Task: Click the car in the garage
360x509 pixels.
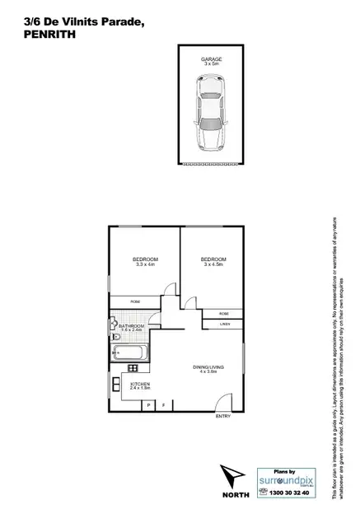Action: click(x=210, y=112)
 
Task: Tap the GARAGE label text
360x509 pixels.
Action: click(x=210, y=59)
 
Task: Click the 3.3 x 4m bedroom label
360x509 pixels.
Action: click(x=145, y=263)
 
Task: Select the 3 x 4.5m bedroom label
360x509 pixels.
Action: click(x=213, y=263)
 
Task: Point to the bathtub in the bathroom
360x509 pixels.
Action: click(x=132, y=354)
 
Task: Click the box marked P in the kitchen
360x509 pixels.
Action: click(x=149, y=405)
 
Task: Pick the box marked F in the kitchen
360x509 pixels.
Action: click(x=163, y=405)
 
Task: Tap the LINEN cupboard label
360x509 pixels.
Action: click(x=224, y=325)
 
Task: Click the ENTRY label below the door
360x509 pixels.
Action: click(x=222, y=417)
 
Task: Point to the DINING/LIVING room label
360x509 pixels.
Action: click(x=208, y=369)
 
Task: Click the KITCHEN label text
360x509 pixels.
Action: click(x=140, y=384)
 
